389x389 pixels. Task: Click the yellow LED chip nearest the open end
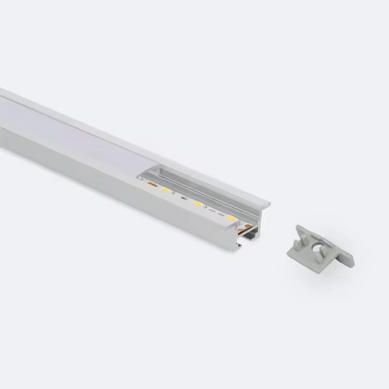point(231,218)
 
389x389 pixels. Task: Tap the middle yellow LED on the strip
point(197,204)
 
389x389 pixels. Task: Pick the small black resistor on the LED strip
point(184,198)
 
